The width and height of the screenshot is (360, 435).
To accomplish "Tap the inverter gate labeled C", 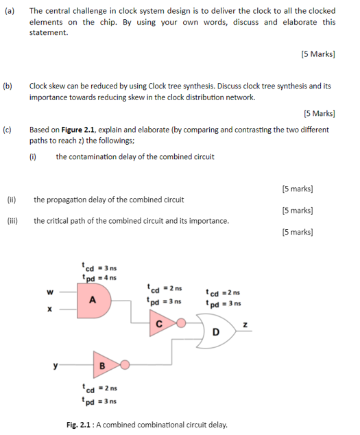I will point(160,323).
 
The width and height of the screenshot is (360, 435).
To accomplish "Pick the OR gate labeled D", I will point(215,332).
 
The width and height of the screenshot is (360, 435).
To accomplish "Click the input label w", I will point(49,290).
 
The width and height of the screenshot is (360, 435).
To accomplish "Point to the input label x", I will point(49,309).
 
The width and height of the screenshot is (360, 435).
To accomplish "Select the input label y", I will point(56,364).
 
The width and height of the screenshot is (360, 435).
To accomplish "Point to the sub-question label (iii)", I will point(12,221).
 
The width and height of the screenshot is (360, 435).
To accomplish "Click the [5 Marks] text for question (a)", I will point(317,54).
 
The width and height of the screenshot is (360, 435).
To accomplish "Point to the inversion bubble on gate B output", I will point(125,364).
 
